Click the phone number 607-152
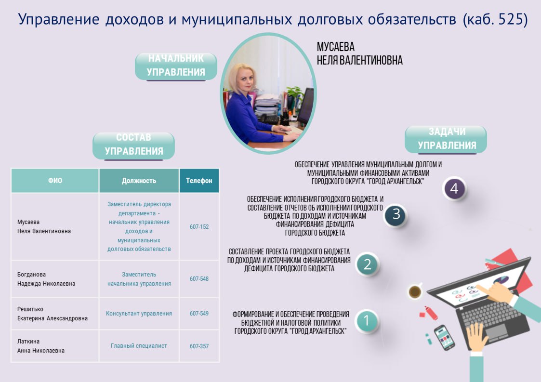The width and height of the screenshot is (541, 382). click(199, 227)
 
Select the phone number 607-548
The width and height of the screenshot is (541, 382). click(199, 279)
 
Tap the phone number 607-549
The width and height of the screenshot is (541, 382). click(199, 313)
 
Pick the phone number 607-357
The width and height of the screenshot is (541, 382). click(199, 346)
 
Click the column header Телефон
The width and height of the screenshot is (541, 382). click(199, 181)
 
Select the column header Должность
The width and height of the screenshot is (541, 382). click(139, 181)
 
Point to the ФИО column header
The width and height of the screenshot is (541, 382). click(55, 181)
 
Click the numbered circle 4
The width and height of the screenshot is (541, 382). click(454, 188)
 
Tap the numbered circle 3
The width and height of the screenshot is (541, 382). click(396, 214)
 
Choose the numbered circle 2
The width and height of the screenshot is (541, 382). click(368, 264)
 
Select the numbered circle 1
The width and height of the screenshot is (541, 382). click(367, 320)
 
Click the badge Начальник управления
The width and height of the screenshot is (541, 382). click(176, 66)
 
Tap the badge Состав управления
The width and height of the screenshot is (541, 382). click(133, 145)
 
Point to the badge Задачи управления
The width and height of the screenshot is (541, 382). click(446, 139)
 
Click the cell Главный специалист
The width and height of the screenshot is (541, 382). click(139, 346)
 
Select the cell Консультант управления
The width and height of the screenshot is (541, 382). click(139, 313)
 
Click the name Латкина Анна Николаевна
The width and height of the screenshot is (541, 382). click(41, 346)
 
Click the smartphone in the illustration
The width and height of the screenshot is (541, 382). click(444, 337)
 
